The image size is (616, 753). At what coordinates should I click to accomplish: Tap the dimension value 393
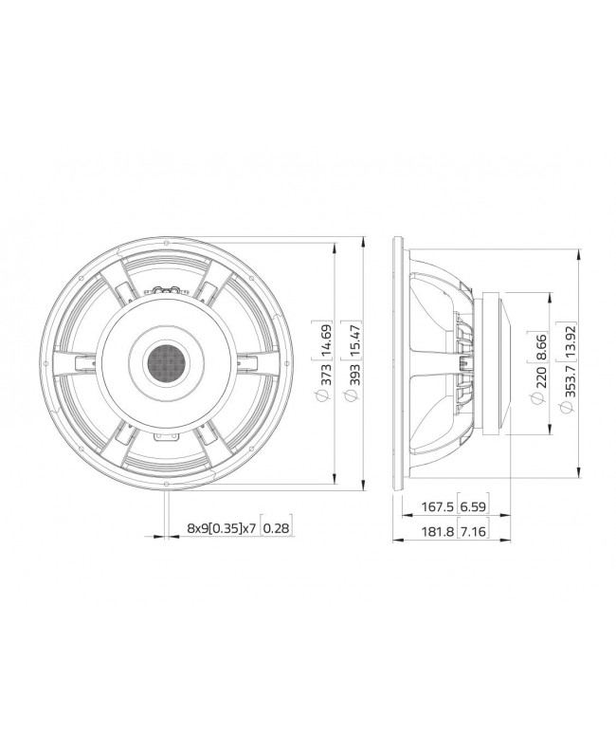pos(353,379)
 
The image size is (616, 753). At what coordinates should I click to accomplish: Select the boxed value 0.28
pos(276,527)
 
